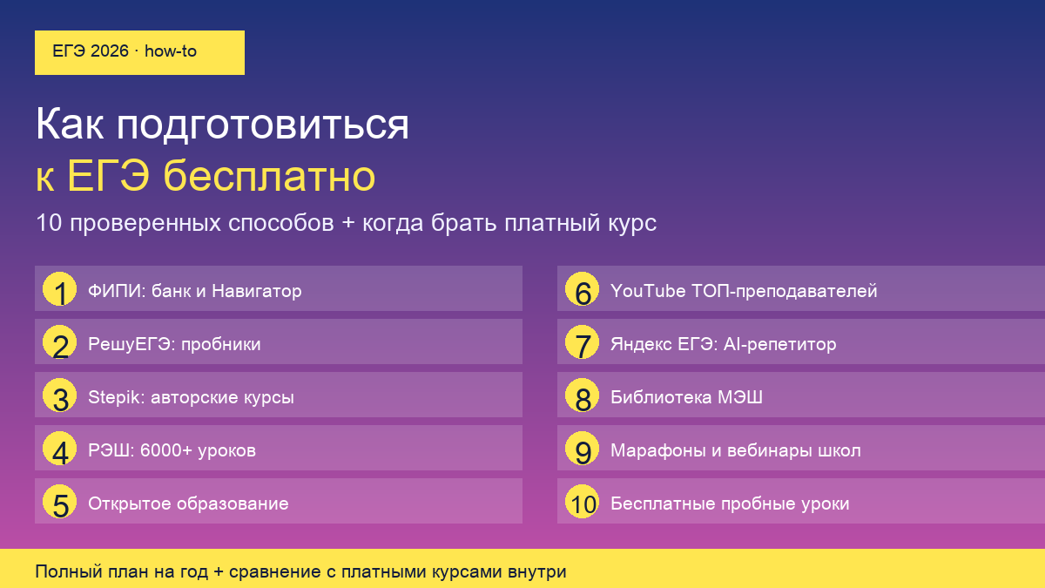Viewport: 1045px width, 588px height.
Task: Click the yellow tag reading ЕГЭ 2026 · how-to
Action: click(139, 52)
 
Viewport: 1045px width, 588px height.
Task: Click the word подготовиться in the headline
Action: click(262, 126)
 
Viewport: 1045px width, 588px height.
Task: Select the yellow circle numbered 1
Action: click(60, 291)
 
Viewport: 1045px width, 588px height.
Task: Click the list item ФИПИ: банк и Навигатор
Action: click(195, 291)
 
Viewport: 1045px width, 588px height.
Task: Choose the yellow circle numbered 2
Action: click(60, 344)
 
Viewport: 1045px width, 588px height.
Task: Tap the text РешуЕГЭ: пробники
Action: click(174, 344)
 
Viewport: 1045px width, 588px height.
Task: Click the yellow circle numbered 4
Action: click(60, 450)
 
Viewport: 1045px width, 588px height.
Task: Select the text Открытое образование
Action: click(188, 504)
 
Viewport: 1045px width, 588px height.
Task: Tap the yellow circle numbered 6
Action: click(583, 291)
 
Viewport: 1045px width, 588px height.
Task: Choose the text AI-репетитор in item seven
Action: click(779, 344)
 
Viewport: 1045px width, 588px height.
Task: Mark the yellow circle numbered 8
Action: click(583, 397)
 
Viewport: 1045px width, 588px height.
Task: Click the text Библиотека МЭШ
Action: click(687, 397)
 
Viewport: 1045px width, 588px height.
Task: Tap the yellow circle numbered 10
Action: click(583, 504)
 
